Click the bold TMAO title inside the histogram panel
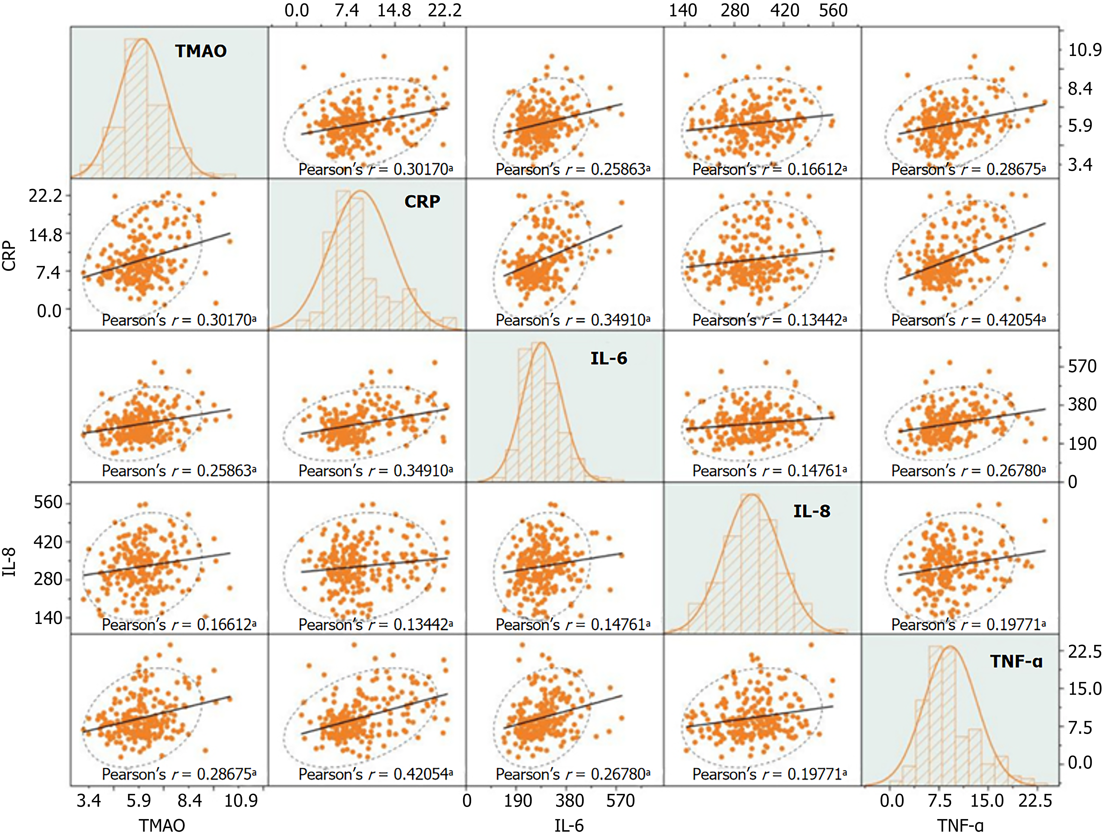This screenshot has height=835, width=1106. [200, 51]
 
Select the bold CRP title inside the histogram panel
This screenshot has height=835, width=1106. [422, 201]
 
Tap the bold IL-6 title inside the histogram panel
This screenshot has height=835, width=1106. [609, 358]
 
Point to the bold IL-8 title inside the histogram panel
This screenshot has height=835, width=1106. [811, 511]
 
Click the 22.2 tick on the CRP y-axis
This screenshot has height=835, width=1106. [45, 196]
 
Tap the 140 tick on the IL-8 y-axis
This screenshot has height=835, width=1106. [48, 617]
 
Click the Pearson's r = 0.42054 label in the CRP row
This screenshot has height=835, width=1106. [968, 320]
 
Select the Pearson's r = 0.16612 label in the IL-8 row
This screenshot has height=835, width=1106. [179, 625]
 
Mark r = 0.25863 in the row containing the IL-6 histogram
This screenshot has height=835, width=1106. [179, 471]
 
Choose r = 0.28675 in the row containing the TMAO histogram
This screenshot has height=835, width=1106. [968, 170]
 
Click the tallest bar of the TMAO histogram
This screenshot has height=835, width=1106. [135, 108]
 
